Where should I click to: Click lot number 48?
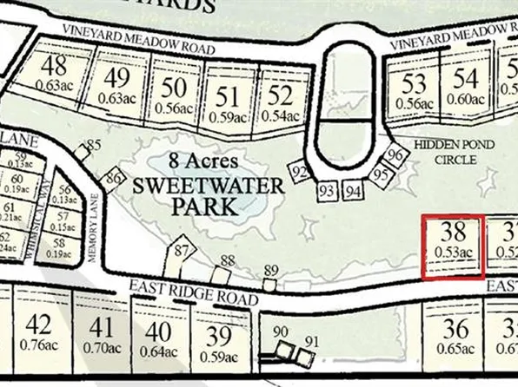[x=56, y=66]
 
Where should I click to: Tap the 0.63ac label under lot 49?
[x=116, y=97]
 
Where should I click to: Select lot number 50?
[x=174, y=88]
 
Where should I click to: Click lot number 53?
[x=415, y=84]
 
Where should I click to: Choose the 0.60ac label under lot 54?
[x=467, y=99]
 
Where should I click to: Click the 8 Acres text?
[x=203, y=161]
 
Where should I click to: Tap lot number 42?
[x=38, y=326]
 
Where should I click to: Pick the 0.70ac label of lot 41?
[x=102, y=349]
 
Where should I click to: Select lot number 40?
[x=157, y=331]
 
